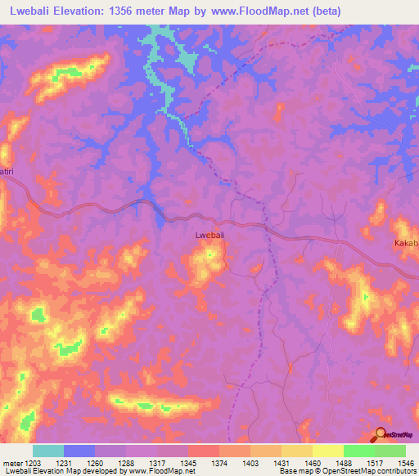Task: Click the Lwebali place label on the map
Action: click(210, 236)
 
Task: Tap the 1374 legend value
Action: click(219, 463)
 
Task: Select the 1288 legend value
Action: click(126, 463)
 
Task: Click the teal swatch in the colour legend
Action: click(48, 451)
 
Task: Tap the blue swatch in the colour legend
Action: click(79, 451)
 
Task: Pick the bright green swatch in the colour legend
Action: click(358, 451)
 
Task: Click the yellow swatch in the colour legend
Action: click(327, 451)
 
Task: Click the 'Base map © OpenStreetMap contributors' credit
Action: click(347, 471)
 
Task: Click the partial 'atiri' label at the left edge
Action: click(7, 171)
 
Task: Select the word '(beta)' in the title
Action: click(325, 11)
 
